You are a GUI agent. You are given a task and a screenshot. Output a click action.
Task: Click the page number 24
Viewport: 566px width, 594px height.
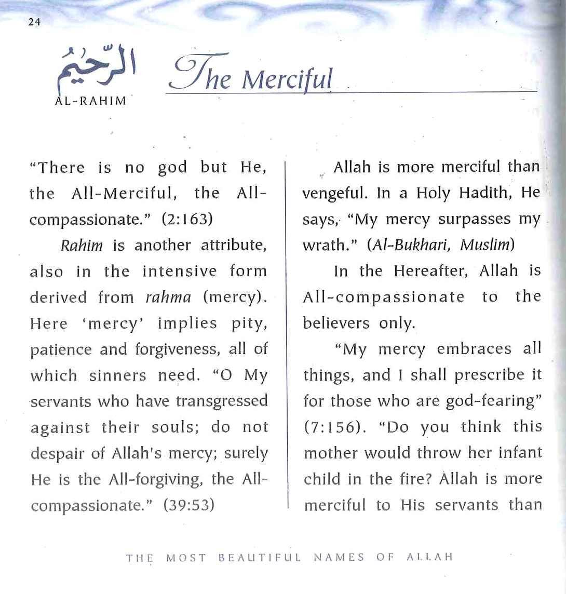(x=34, y=22)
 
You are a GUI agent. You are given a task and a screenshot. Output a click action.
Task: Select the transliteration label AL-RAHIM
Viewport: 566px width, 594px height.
(x=90, y=101)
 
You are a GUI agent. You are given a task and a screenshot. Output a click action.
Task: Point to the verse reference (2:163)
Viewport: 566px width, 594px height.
(x=187, y=219)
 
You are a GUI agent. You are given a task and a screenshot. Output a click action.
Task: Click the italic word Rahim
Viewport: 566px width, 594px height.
(x=82, y=245)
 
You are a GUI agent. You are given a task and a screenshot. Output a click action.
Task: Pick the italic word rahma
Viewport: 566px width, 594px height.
(x=168, y=297)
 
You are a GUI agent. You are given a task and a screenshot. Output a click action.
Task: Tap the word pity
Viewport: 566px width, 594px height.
(x=249, y=323)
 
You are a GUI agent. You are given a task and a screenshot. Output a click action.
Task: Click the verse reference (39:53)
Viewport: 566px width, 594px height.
(x=188, y=505)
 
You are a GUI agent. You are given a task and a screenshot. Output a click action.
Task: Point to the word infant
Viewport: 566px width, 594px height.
(x=519, y=453)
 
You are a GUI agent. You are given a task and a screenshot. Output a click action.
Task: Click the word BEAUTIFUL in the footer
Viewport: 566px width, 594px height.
(x=259, y=558)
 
